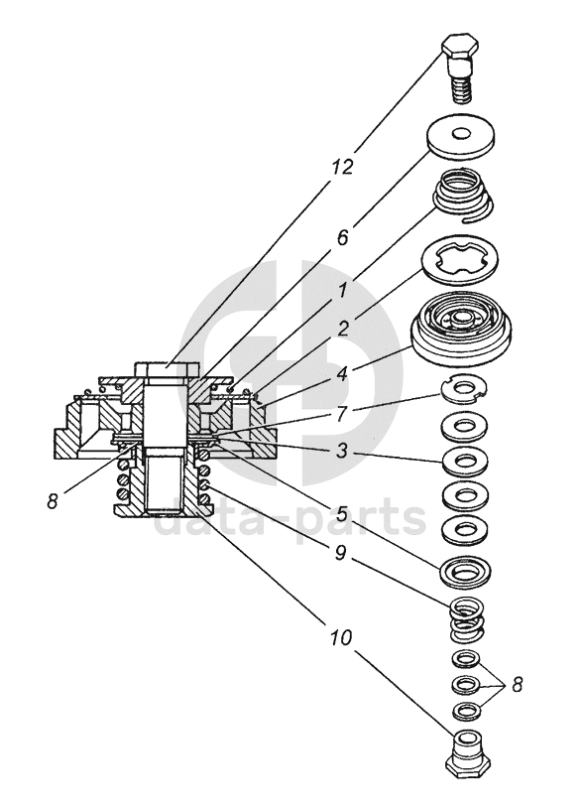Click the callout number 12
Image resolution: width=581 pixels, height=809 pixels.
click(341, 167)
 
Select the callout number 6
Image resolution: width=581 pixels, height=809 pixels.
click(343, 238)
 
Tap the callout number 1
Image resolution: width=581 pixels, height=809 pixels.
click(340, 294)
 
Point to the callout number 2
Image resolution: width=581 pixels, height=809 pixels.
click(343, 329)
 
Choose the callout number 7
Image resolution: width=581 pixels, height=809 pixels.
click(343, 413)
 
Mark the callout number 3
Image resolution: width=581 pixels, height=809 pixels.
click(342, 451)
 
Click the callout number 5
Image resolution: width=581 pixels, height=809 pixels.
click(341, 513)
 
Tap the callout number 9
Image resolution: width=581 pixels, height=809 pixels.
click(341, 553)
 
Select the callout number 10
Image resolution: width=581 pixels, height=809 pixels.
click(341, 638)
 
